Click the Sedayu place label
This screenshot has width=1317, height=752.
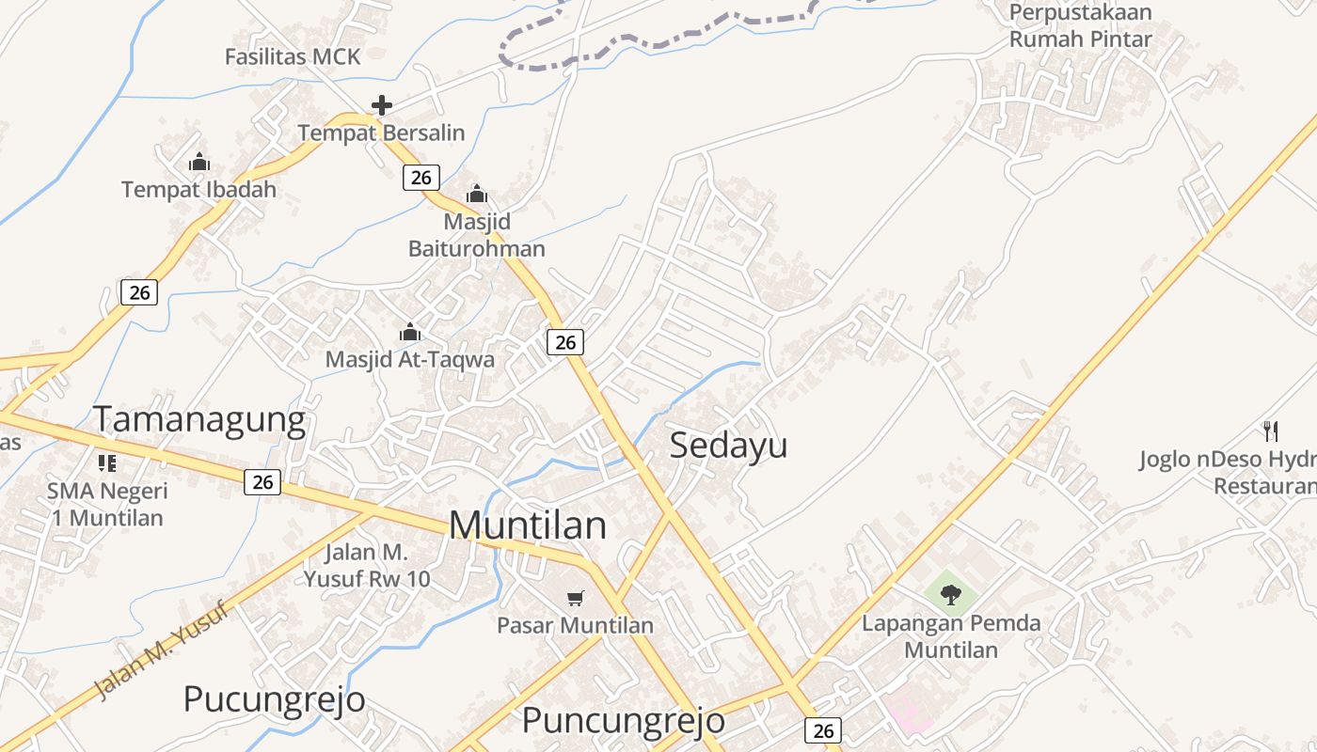(x=728, y=446)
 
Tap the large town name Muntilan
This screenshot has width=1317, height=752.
(x=528, y=525)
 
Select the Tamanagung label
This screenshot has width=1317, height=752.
(x=199, y=419)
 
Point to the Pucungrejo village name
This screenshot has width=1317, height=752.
(x=274, y=699)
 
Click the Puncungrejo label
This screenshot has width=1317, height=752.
(x=623, y=721)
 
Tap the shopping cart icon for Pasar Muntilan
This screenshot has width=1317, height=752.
(x=576, y=598)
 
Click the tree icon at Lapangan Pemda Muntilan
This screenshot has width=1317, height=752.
(x=950, y=594)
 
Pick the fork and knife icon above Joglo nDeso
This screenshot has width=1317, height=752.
(x=1271, y=431)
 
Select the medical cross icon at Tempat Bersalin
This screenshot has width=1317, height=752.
(x=381, y=105)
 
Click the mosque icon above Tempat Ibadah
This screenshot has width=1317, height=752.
(x=198, y=162)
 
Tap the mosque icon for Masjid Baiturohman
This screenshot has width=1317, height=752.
(x=477, y=195)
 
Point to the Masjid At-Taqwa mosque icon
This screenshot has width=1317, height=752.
(x=410, y=332)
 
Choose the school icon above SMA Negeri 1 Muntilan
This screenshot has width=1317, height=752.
(x=106, y=462)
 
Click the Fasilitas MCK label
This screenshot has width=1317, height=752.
(x=293, y=56)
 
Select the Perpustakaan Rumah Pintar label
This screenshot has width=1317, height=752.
(x=1080, y=26)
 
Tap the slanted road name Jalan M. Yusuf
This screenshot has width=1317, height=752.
(x=162, y=650)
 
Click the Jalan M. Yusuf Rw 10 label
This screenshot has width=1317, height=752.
(x=367, y=565)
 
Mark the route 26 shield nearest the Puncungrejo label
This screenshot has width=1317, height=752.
(x=823, y=730)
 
